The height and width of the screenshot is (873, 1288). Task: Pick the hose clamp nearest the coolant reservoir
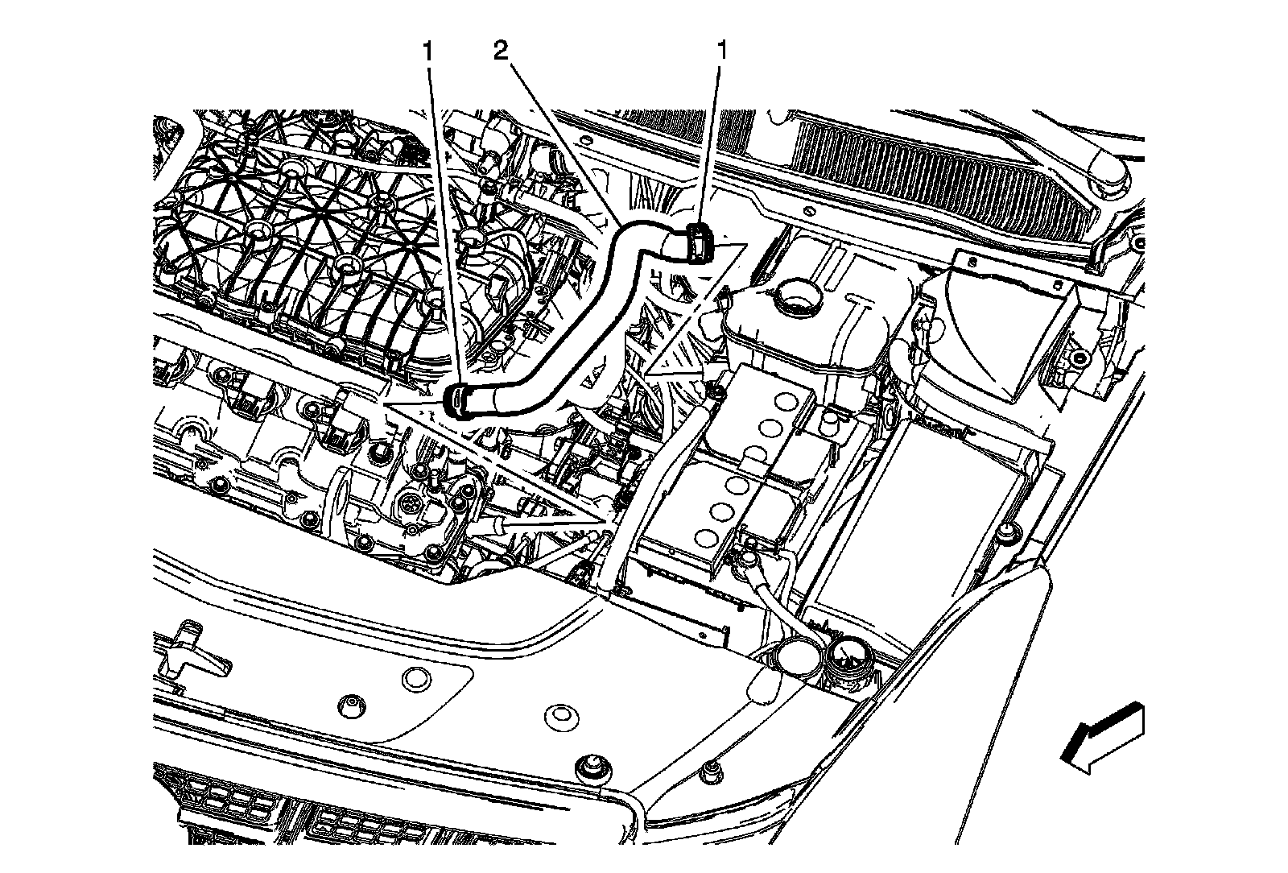click(x=697, y=243)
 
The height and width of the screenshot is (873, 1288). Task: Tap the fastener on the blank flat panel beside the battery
click(x=1005, y=532)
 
